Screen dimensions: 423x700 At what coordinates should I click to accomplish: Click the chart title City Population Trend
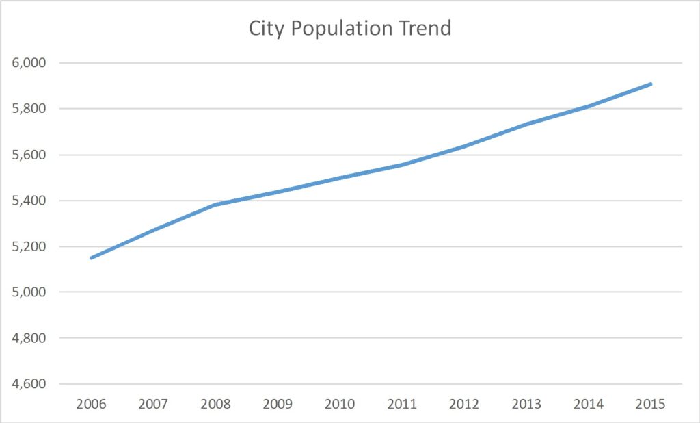pyautogui.click(x=349, y=29)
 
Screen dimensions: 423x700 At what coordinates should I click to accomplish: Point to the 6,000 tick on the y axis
pyautogui.click(x=29, y=63)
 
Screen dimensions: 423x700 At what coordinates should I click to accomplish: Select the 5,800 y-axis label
pyautogui.click(x=29, y=109)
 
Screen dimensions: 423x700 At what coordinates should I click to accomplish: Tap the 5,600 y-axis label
pyautogui.click(x=29, y=155)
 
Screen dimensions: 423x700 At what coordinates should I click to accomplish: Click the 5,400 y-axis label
pyautogui.click(x=29, y=201)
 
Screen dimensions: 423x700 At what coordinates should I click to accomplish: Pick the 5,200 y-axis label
pyautogui.click(x=29, y=246)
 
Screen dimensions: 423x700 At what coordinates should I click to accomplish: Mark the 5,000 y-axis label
pyautogui.click(x=29, y=292)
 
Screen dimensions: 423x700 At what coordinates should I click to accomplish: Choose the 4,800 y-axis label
pyautogui.click(x=29, y=338)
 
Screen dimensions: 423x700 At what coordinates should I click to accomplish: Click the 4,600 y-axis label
pyautogui.click(x=29, y=384)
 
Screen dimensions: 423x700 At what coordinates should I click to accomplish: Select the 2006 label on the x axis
pyautogui.click(x=91, y=404)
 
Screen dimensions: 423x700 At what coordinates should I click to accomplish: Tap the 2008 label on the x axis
pyautogui.click(x=215, y=404)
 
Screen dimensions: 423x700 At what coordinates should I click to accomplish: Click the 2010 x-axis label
pyautogui.click(x=340, y=404)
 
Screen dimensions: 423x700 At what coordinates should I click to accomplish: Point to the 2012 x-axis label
pyautogui.click(x=464, y=404)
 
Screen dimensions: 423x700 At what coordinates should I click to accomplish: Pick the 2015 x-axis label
pyautogui.click(x=651, y=404)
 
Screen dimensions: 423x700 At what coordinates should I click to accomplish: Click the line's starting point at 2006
pyautogui.click(x=91, y=258)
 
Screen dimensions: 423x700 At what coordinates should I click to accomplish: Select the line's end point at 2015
pyautogui.click(x=651, y=84)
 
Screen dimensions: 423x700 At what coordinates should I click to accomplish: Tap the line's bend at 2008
pyautogui.click(x=215, y=205)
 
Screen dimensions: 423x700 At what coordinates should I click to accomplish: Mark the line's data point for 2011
pyautogui.click(x=402, y=165)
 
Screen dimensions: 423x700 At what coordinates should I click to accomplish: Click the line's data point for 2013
pyautogui.click(x=526, y=124)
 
